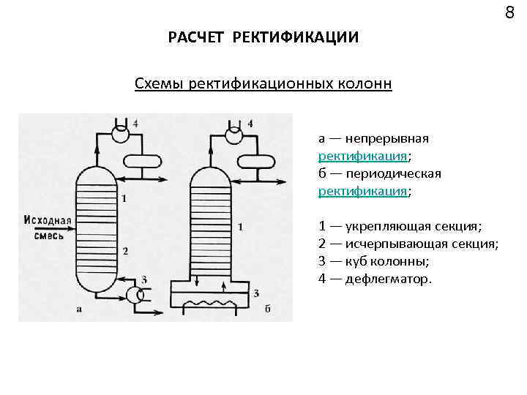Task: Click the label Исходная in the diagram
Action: [48, 220]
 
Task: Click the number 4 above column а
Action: [135, 123]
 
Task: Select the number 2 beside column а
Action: [125, 251]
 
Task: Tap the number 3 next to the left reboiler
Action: [144, 279]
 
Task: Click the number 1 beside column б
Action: [241, 227]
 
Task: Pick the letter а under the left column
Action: [78, 309]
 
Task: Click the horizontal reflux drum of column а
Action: [141, 160]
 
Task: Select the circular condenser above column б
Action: [233, 135]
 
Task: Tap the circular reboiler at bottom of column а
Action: [134, 296]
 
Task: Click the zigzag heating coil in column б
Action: [212, 302]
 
